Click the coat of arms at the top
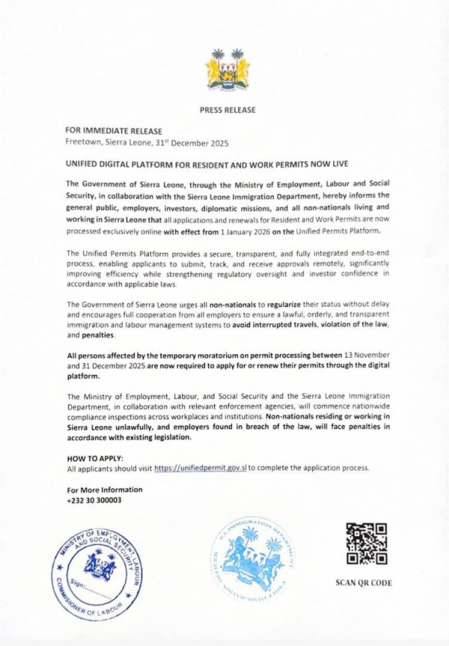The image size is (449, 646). click(x=227, y=69)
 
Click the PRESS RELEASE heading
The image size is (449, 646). click(x=227, y=110)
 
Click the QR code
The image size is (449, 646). click(x=367, y=543)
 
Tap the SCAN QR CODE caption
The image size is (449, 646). click(x=366, y=583)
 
